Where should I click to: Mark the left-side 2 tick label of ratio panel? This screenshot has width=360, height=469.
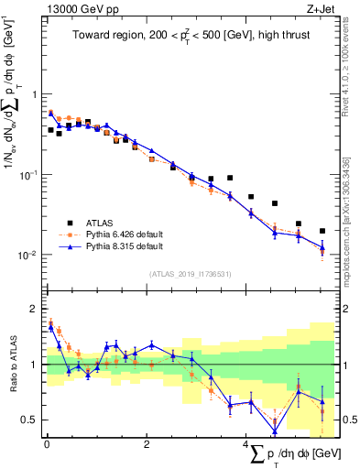pyautogui.click(x=33, y=309)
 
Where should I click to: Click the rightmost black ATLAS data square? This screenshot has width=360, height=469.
pyautogui.click(x=322, y=231)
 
